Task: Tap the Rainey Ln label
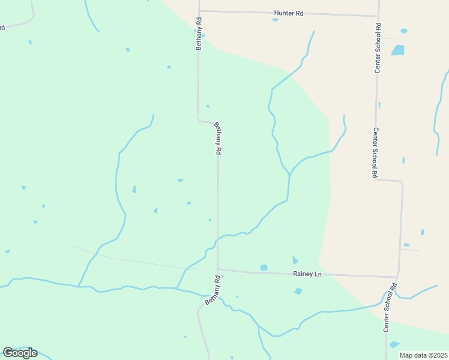(307, 274)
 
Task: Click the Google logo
(20, 353)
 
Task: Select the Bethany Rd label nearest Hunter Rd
(199, 34)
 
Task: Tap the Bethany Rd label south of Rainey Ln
(213, 290)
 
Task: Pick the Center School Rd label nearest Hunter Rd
(378, 48)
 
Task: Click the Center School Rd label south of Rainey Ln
(389, 307)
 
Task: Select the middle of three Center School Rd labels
(374, 153)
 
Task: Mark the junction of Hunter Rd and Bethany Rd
(199, 11)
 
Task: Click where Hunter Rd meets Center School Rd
(379, 16)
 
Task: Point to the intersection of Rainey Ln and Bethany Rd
(218, 269)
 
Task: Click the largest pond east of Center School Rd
(398, 50)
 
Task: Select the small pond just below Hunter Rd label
(276, 20)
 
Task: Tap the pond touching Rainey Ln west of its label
(264, 267)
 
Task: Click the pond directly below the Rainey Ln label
(298, 292)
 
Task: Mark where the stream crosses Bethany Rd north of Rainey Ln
(218, 238)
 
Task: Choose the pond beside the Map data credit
(394, 344)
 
